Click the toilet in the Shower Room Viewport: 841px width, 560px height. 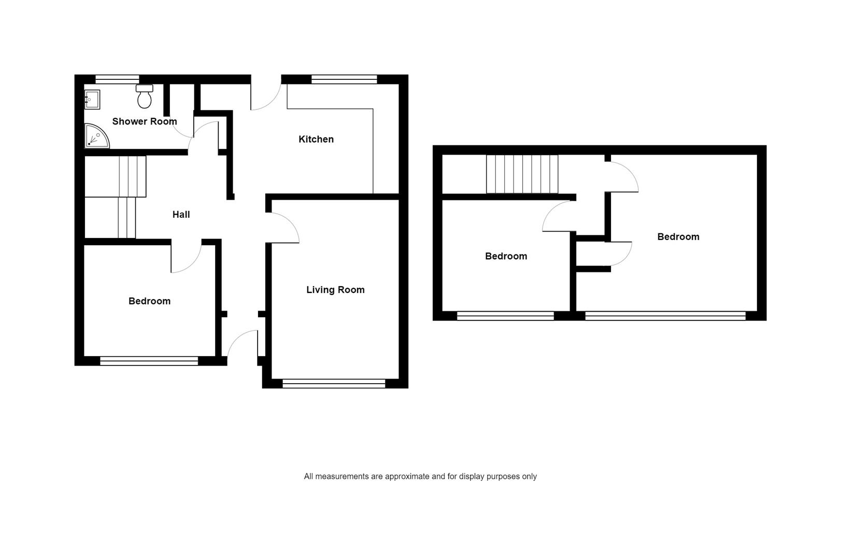[x=145, y=96]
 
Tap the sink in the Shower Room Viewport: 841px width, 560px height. [x=92, y=100]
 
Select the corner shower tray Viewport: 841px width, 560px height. [x=96, y=136]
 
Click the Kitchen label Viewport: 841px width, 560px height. [x=316, y=139]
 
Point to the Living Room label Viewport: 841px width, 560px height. [x=335, y=289]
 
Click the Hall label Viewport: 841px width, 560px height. [x=181, y=215]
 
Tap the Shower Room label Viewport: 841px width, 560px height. [x=145, y=121]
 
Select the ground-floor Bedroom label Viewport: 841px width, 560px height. [x=149, y=301]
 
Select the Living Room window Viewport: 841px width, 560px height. [x=334, y=384]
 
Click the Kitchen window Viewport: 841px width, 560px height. [x=344, y=79]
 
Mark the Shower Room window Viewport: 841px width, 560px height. [x=117, y=79]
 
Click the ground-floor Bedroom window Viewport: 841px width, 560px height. [x=149, y=361]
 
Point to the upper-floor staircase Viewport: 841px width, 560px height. [x=522, y=174]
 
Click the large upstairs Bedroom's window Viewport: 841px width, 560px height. [x=665, y=316]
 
